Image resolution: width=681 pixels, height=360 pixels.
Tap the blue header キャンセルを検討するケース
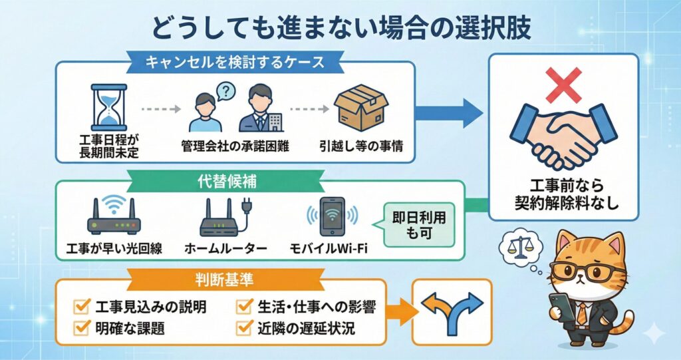[235, 63]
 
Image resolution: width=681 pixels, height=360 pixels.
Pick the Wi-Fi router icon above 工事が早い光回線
[113, 218]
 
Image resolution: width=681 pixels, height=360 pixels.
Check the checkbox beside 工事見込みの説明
[84, 307]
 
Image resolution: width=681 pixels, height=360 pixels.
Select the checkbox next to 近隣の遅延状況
[243, 327]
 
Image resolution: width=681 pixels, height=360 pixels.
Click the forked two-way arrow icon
[452, 311]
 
